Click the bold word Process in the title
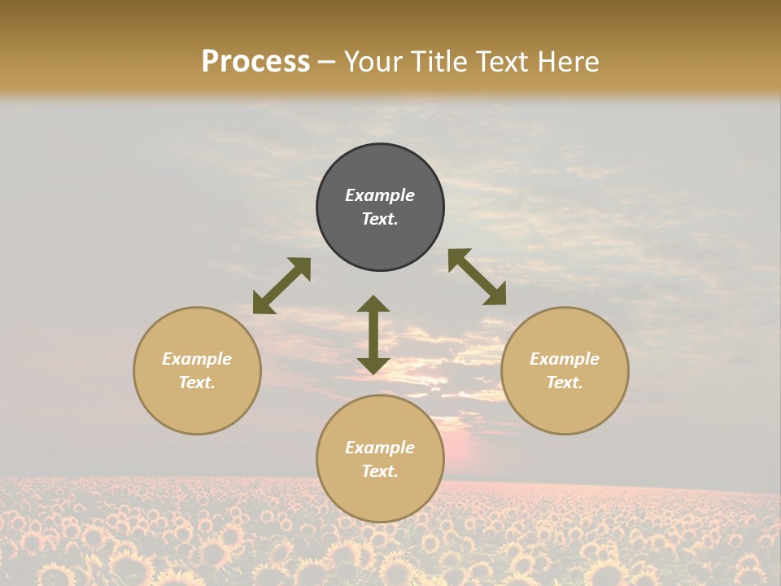click(255, 62)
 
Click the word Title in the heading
click(444, 62)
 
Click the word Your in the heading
click(374, 62)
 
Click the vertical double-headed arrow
click(373, 335)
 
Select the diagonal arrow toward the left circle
click(281, 286)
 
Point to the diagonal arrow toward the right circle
click(477, 277)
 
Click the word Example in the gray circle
click(380, 195)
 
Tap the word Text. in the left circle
click(197, 383)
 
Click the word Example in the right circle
click(565, 359)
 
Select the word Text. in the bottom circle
click(380, 471)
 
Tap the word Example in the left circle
click(197, 359)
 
